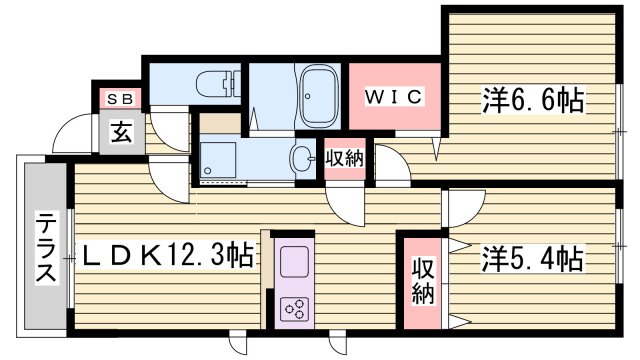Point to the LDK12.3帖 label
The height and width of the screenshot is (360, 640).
[x=165, y=256]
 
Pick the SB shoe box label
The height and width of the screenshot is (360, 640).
[x=122, y=98]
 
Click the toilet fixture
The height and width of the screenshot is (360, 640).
[x=213, y=84]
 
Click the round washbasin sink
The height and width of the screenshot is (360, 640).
[x=302, y=157]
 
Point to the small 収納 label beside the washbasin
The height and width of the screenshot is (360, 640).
[x=344, y=158]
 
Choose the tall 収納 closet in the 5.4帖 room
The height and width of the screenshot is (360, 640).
[x=422, y=282]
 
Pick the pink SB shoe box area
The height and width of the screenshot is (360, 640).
[x=122, y=98]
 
